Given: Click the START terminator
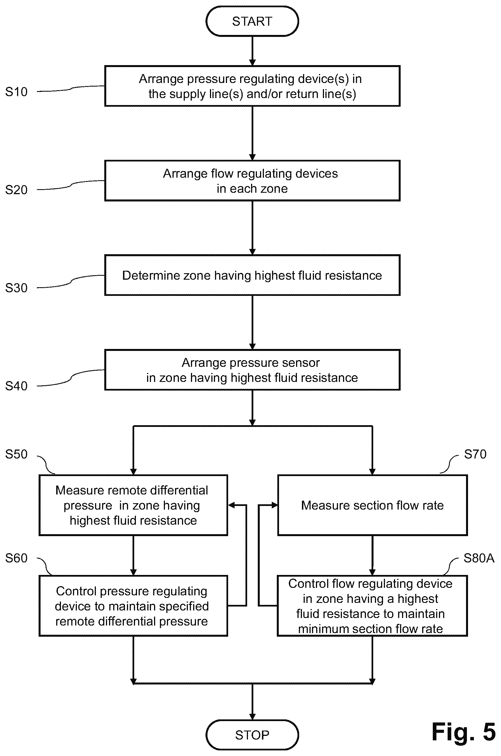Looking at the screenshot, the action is (x=252, y=21).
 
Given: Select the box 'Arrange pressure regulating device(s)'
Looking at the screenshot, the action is (x=252, y=86).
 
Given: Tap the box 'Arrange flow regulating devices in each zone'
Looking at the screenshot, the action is (x=252, y=181).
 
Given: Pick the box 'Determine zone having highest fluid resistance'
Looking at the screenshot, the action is (x=252, y=275).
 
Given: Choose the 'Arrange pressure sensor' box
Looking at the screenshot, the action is (x=252, y=370).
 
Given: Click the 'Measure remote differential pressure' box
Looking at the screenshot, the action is (x=133, y=505).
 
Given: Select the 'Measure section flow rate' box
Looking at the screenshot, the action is (x=372, y=505).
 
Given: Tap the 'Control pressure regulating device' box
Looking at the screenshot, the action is (x=133, y=606).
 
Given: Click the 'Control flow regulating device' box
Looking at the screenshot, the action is (x=372, y=606).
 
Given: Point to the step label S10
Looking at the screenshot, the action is (x=16, y=92).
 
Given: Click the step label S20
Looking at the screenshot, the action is (x=16, y=190).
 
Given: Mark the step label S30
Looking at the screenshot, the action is (x=16, y=288).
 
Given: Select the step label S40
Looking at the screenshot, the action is (x=16, y=386).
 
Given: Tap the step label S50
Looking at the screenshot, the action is (x=16, y=454).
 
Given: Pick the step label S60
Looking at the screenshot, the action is (x=16, y=558).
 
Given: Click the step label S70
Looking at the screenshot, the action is (x=475, y=454).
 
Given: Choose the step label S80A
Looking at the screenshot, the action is (x=479, y=558).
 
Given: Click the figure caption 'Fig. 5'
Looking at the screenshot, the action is (x=464, y=731).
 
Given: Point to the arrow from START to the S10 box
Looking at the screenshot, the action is (x=252, y=51).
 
